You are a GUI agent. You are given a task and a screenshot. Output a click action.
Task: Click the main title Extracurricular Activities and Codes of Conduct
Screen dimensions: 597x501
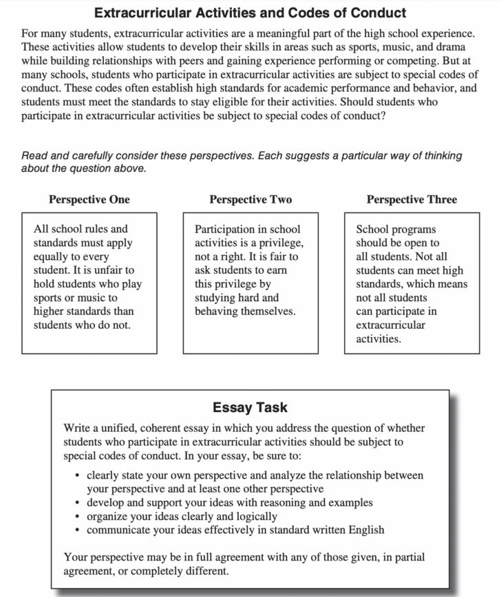coord(250,12)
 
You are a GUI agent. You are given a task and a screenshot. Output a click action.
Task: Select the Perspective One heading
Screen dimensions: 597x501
coord(89,199)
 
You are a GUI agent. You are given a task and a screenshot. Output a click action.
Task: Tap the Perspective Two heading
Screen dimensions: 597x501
coord(250,199)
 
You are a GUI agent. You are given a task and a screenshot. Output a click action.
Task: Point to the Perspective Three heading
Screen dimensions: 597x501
coord(412,199)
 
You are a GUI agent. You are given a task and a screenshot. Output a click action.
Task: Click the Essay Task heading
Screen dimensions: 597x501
coord(250,407)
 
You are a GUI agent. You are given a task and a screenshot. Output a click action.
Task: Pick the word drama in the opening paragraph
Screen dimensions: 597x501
coord(452,46)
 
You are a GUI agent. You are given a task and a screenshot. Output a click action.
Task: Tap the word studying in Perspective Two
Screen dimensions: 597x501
coord(216,298)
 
